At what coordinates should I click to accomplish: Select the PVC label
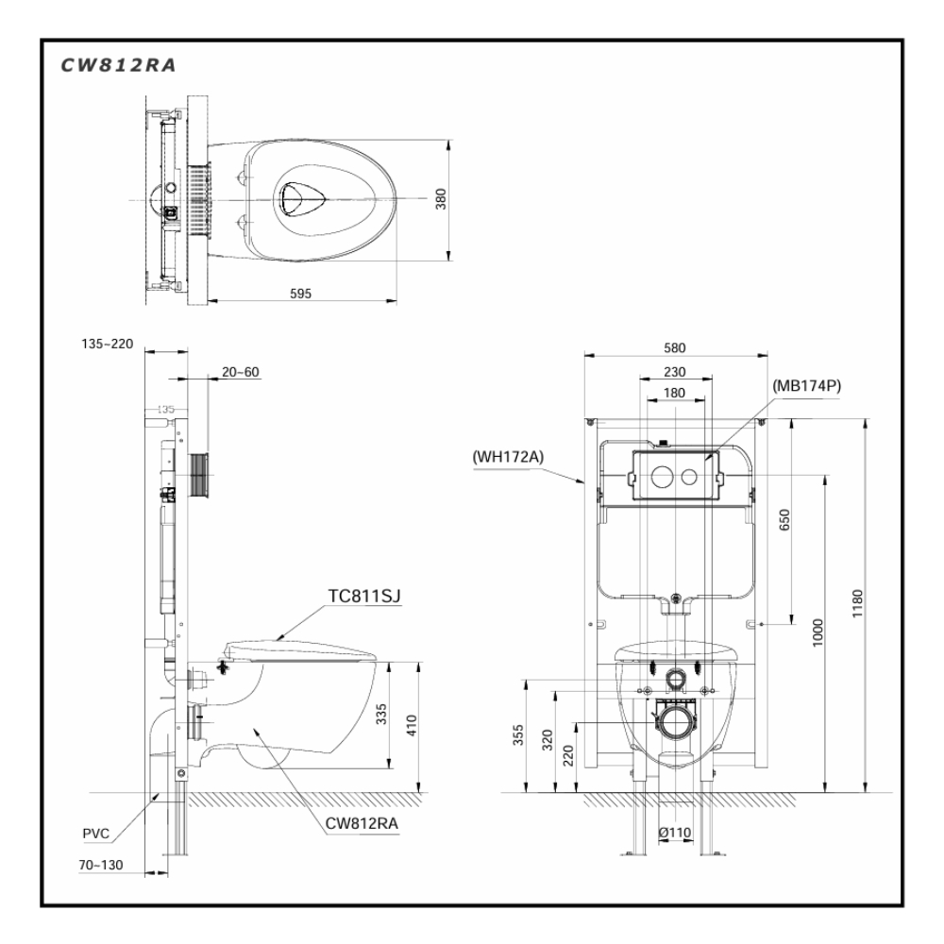[95, 833]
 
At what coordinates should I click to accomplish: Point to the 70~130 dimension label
[101, 863]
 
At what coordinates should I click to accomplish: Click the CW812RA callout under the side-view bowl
[362, 822]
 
